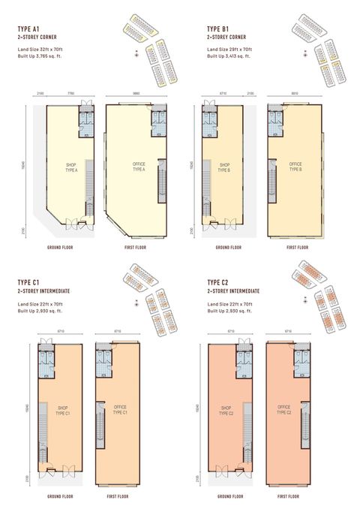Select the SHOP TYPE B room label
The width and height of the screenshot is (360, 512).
pyautogui.click(x=223, y=168)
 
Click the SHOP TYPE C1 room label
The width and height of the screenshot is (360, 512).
pyautogui.click(x=62, y=410)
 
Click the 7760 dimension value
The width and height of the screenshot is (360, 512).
pyautogui.click(x=70, y=93)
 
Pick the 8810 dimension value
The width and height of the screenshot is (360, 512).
pyautogui.click(x=295, y=93)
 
